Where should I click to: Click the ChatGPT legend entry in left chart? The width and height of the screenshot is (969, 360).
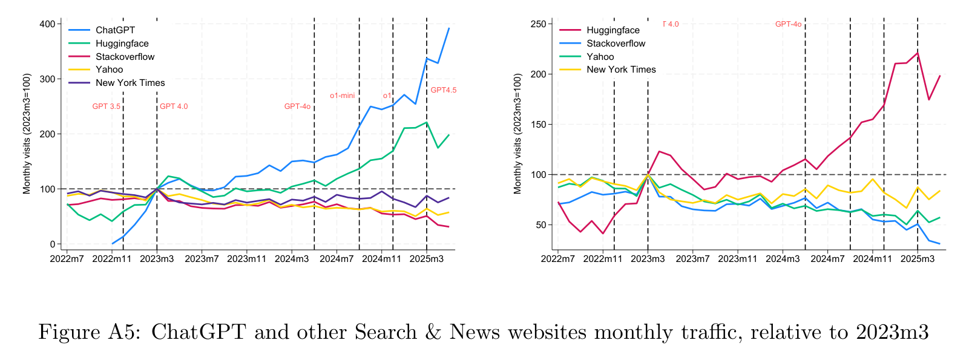(115, 30)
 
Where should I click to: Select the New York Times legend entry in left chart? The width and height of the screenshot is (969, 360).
(130, 83)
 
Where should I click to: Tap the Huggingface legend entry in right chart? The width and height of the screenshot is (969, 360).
(613, 30)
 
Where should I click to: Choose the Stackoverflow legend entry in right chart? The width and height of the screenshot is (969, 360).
(616, 44)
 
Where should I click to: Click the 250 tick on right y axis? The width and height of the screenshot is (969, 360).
(539, 24)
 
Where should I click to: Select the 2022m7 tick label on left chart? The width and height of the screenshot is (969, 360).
(67, 259)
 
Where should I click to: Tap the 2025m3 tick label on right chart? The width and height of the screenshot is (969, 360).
(918, 259)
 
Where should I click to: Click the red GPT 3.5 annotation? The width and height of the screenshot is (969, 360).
(106, 106)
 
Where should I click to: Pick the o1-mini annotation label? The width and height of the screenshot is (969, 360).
(342, 96)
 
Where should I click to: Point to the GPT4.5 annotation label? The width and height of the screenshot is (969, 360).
(443, 90)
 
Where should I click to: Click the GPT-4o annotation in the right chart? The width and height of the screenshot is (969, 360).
(788, 24)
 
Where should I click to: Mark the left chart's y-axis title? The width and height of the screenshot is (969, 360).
(27, 134)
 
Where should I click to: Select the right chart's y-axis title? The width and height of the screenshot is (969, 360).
(517, 134)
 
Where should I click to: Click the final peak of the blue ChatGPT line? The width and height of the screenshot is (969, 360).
(449, 28)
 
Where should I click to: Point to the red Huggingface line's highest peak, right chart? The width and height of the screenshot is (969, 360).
(918, 53)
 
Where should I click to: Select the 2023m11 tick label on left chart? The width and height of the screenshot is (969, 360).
(246, 259)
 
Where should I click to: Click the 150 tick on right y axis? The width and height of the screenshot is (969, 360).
(539, 125)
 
